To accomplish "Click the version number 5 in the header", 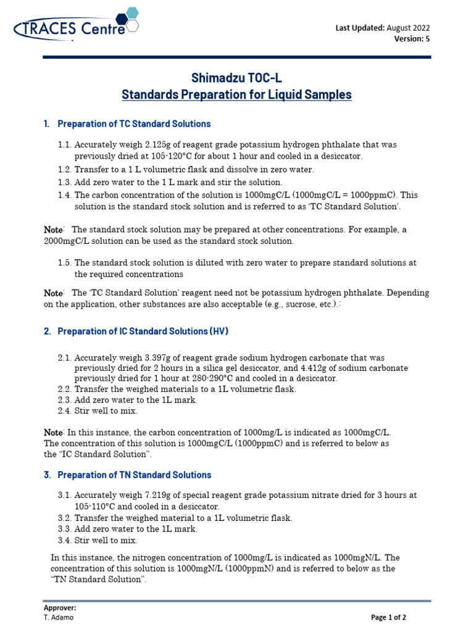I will coord(427,39).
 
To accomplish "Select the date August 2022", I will coord(409,28).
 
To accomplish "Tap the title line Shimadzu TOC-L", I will coord(236,78).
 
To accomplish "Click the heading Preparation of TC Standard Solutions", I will coord(134,124).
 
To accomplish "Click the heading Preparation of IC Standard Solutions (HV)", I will coord(143,331).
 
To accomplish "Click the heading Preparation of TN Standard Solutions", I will coord(134,475).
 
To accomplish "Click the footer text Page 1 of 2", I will coord(388,617).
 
